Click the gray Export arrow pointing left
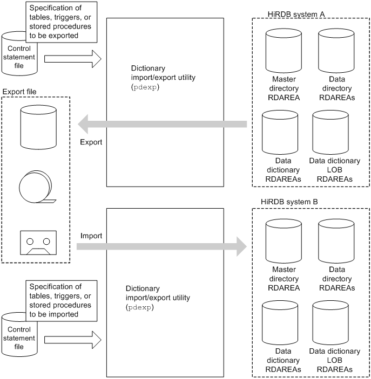[162, 125]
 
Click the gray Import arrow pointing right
[162, 247]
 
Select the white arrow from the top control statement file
[72, 60]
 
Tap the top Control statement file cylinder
[19, 54]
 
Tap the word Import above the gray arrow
[91, 236]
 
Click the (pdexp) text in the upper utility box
[144, 87]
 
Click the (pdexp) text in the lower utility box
[140, 307]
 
